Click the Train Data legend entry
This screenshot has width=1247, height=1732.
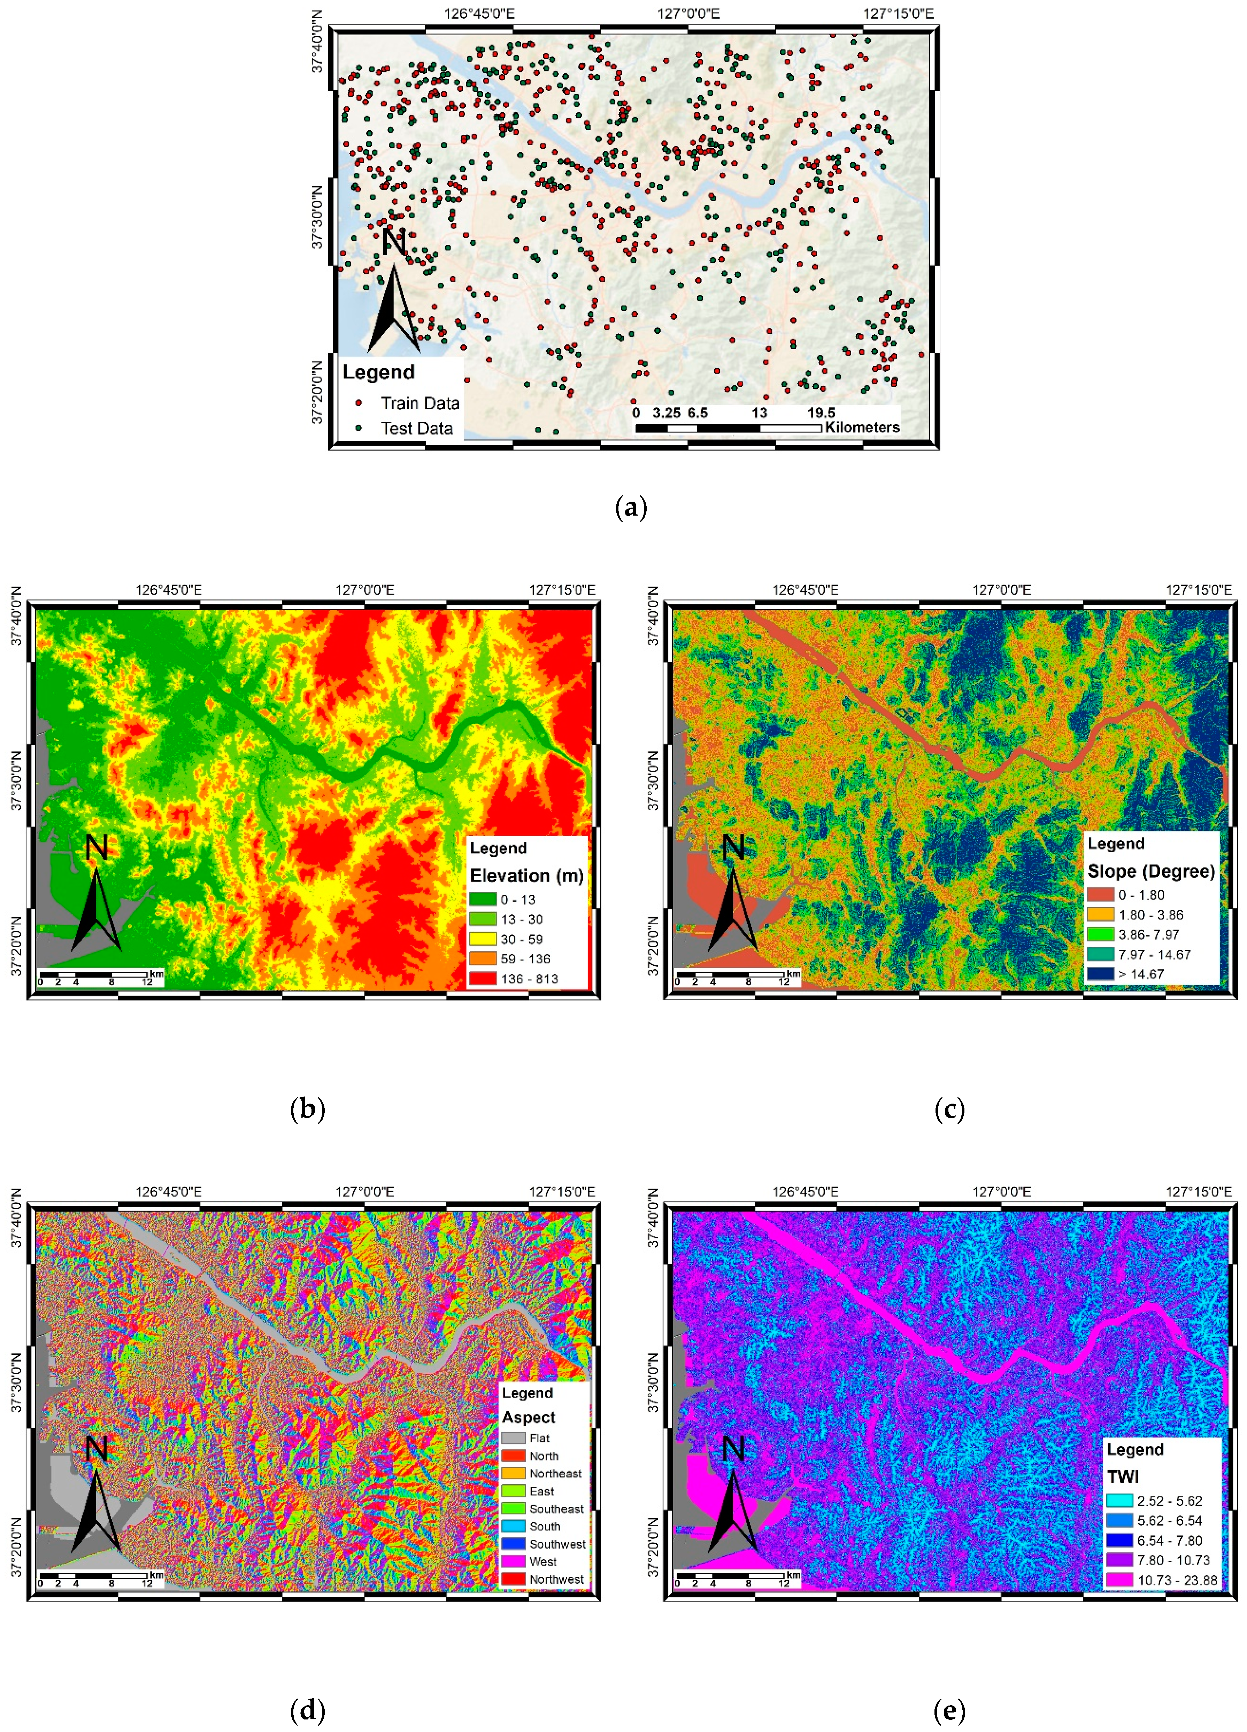coord(419,403)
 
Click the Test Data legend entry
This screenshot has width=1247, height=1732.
coord(416,429)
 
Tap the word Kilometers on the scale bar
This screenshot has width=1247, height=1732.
coord(862,427)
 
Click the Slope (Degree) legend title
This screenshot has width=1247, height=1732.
coord(1151,871)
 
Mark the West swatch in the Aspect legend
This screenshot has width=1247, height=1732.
coord(514,1562)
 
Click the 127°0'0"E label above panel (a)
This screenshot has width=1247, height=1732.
coord(688,13)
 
